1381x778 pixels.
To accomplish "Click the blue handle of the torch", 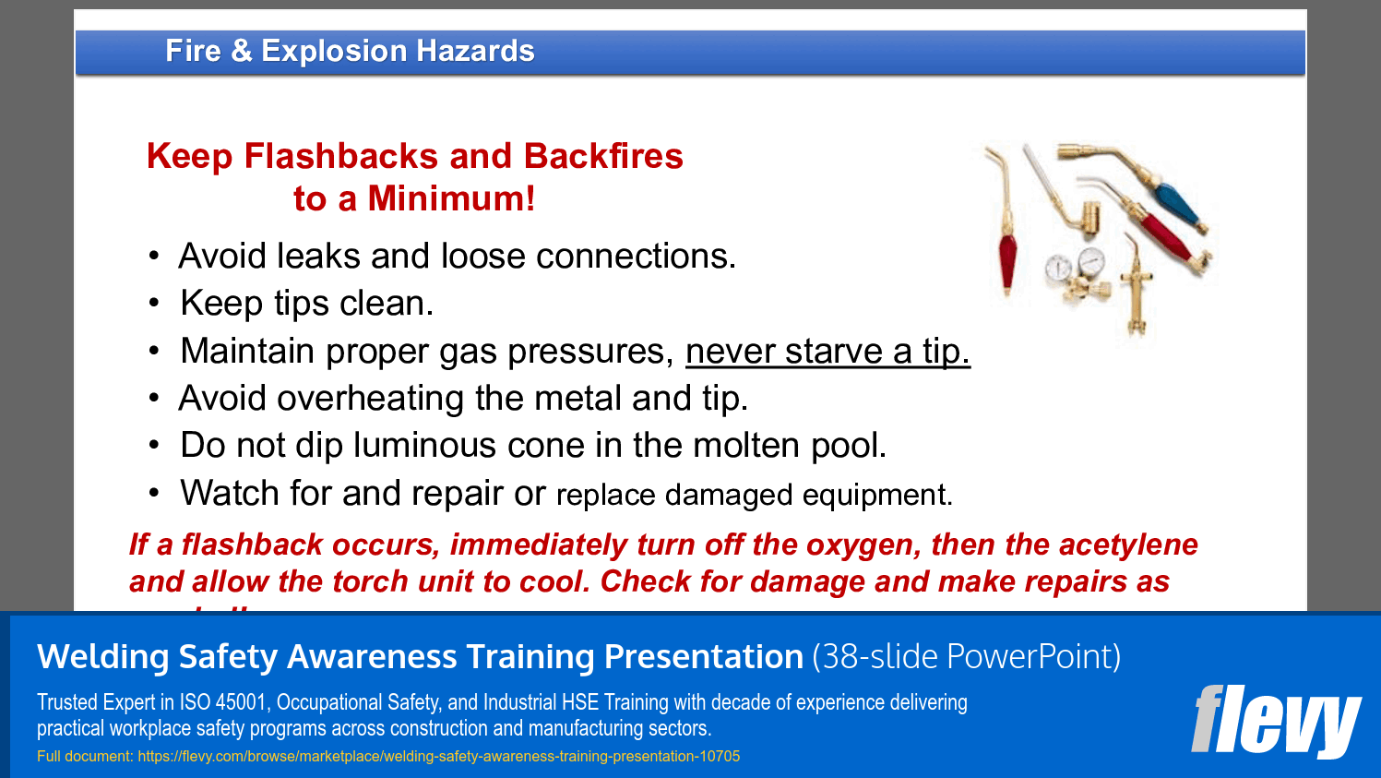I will (x=1174, y=204).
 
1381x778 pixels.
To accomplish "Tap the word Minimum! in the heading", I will (x=451, y=199).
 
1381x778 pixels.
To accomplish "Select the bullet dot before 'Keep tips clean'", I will (x=154, y=303).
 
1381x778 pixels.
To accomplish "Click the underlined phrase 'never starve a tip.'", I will (x=827, y=352).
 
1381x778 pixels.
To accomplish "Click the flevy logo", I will (x=1276, y=721).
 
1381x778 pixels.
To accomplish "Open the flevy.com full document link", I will (x=438, y=757).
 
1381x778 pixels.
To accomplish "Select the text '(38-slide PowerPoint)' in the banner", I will (x=966, y=657).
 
